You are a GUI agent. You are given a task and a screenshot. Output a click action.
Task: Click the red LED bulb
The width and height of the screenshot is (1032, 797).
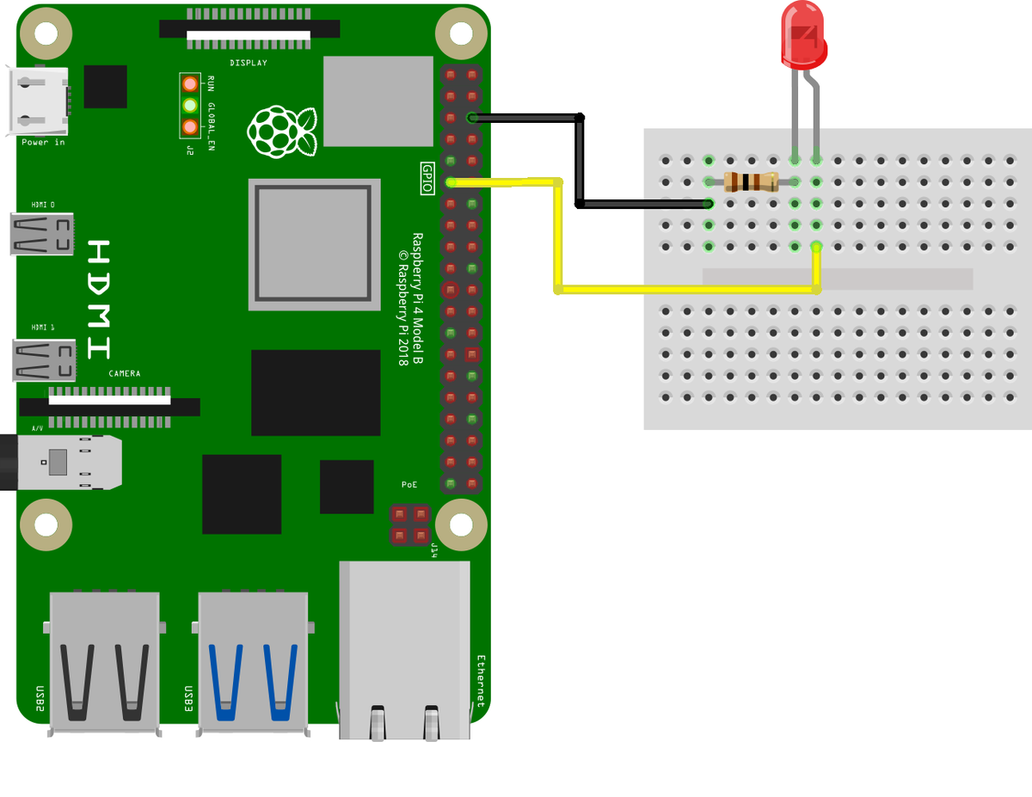click(803, 35)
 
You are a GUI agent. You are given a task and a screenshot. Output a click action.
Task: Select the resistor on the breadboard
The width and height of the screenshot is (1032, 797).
click(751, 181)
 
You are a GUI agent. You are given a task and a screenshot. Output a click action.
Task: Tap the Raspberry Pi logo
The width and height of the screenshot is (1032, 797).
click(282, 132)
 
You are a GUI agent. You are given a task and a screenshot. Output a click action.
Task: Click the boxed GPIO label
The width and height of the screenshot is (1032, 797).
click(427, 178)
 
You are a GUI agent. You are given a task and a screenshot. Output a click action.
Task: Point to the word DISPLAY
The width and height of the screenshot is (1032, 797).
click(249, 63)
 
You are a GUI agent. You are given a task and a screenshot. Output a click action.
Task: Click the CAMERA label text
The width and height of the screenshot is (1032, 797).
click(125, 374)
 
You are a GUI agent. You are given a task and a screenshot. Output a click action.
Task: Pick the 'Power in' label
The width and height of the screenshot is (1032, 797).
click(43, 142)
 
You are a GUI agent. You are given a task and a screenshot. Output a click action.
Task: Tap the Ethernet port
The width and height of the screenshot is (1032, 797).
click(405, 650)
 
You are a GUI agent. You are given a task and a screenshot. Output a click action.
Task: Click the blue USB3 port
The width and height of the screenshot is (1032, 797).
click(253, 664)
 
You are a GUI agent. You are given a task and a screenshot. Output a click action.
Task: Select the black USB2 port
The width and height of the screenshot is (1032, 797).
click(104, 664)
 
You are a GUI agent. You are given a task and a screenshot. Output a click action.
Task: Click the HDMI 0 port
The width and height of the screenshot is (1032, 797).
click(42, 234)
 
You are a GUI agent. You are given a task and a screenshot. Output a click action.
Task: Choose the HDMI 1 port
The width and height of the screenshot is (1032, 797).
click(44, 360)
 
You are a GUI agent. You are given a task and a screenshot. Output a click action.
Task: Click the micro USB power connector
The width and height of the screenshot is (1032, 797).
click(38, 101)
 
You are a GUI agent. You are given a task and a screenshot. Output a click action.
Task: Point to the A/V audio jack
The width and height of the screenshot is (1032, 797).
click(61, 463)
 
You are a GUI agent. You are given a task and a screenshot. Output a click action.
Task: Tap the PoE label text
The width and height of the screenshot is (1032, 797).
click(409, 485)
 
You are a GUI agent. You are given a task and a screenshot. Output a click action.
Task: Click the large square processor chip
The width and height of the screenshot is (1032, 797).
click(315, 245)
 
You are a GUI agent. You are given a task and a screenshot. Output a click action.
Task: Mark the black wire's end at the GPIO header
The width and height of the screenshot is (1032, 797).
click(472, 118)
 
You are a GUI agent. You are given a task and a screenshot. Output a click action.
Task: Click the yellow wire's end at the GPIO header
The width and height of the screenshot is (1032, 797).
click(451, 182)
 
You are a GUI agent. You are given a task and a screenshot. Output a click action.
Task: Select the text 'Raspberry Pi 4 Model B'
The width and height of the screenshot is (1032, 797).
click(417, 298)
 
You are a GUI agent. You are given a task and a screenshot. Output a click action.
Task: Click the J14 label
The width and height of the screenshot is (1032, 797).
click(434, 550)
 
